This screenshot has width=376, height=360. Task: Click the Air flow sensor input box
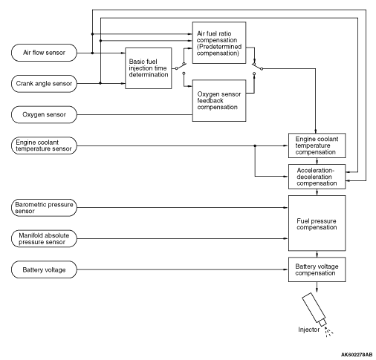click(44, 53)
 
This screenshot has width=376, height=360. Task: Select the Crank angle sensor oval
click(44, 84)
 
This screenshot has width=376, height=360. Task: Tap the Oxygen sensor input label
click(44, 114)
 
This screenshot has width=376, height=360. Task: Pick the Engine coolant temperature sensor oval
click(44, 145)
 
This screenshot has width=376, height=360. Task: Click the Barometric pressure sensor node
click(44, 208)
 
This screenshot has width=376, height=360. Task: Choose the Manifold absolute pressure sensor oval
click(44, 238)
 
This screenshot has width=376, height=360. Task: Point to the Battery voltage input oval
click(44, 269)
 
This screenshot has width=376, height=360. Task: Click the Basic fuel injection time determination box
click(149, 68)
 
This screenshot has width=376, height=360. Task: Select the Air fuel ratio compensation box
click(219, 42)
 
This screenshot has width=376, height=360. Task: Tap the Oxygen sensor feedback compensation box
click(219, 100)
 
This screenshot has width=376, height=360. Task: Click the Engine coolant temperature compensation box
click(317, 145)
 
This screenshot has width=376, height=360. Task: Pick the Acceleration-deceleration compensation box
click(317, 177)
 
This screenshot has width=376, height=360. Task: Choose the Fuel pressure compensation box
click(317, 223)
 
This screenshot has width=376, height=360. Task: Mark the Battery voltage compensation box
click(317, 269)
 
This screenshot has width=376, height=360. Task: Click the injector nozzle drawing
click(314, 310)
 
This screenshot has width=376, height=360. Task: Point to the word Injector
click(309, 330)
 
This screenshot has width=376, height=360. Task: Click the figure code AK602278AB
click(357, 355)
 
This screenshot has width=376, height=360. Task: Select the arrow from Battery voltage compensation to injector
click(317, 287)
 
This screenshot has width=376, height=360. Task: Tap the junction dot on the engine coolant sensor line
click(255, 145)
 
